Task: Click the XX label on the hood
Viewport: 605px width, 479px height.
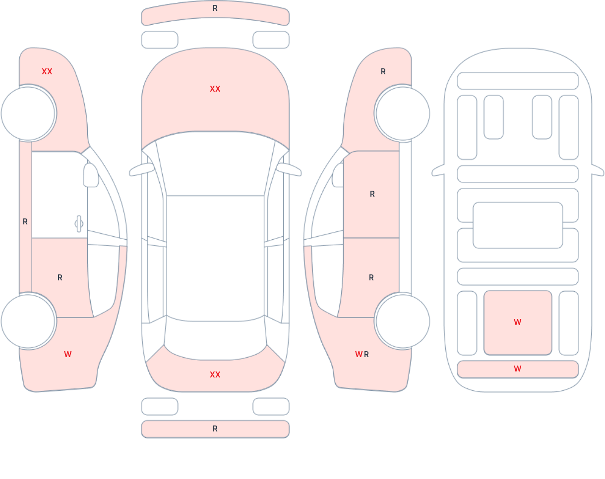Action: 215,89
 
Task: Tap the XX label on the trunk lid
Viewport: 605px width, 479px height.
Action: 215,374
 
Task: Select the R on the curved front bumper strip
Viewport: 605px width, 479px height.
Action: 215,8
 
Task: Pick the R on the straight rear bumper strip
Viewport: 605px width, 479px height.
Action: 215,429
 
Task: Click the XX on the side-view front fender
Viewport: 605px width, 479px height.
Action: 47,72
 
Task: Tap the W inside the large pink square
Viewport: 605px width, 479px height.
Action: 518,322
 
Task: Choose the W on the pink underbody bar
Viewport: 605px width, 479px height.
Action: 518,369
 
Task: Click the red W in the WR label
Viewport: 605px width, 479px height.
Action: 359,354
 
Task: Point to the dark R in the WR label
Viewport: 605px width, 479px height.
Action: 366,354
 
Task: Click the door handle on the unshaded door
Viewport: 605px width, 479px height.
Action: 79,224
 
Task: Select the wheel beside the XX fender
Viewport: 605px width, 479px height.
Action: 28,113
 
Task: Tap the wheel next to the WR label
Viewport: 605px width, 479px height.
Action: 403,321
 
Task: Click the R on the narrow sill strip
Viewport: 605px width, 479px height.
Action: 25,222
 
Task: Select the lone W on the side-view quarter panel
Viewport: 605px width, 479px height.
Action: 68,354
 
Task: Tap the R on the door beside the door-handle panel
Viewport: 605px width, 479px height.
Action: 60,278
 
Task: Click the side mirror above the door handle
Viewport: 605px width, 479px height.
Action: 91,175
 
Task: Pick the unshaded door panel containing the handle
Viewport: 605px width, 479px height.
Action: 60,195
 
